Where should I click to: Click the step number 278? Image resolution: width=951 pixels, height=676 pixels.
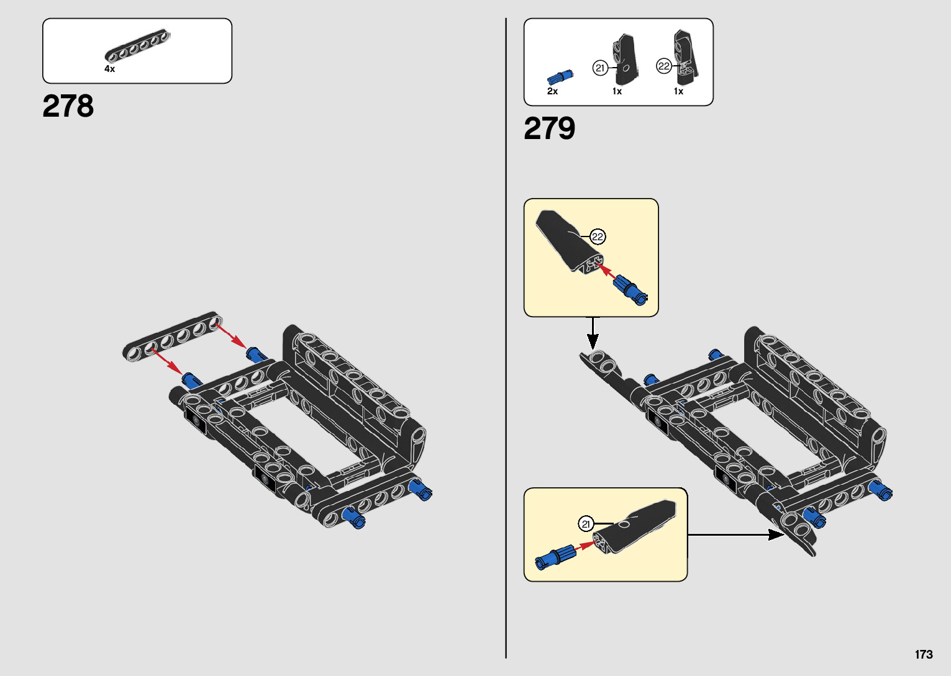(x=68, y=106)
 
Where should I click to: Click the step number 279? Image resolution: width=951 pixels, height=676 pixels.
(x=549, y=128)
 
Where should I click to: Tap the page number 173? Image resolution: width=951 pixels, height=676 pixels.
(x=923, y=654)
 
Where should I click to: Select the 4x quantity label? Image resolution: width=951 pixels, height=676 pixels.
(x=109, y=69)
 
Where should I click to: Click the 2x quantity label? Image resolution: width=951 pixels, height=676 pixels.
(x=552, y=91)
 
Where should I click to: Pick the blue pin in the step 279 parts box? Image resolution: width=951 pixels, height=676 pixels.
(x=560, y=77)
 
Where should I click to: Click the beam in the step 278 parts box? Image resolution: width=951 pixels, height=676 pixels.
(x=138, y=47)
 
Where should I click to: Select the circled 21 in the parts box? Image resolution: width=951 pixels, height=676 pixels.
(x=600, y=68)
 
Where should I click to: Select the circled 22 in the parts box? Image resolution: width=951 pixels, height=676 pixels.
(x=664, y=66)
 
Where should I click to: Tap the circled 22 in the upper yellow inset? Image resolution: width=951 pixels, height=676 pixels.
(x=598, y=237)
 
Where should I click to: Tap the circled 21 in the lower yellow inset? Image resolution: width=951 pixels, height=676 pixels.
(x=586, y=524)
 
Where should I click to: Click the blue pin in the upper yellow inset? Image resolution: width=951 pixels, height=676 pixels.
(x=630, y=289)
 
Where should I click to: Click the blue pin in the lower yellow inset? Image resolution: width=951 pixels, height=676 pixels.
(x=555, y=556)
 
